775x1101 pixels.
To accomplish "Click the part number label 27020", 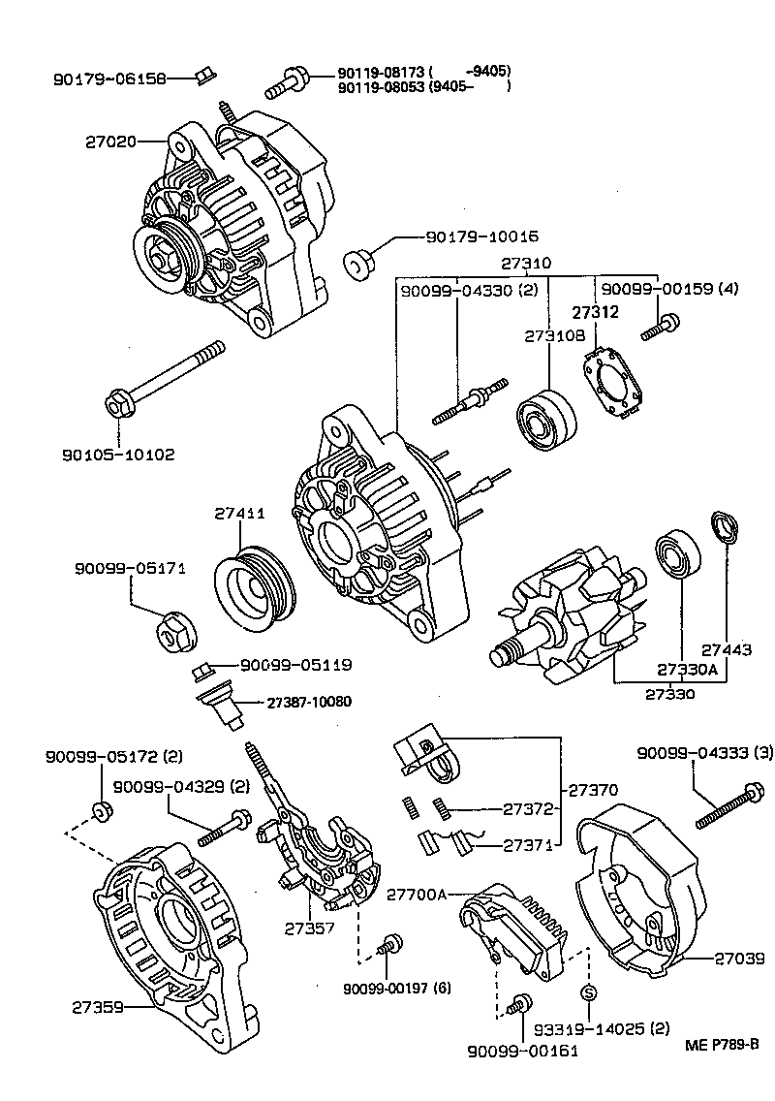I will point(111,141).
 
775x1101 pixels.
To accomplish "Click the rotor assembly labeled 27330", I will point(567,620).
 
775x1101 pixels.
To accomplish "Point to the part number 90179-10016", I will point(481,236).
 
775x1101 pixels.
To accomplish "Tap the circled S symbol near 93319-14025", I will point(587,991).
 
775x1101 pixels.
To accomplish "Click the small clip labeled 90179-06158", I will point(204,76).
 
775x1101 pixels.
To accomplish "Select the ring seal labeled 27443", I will point(725,528).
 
